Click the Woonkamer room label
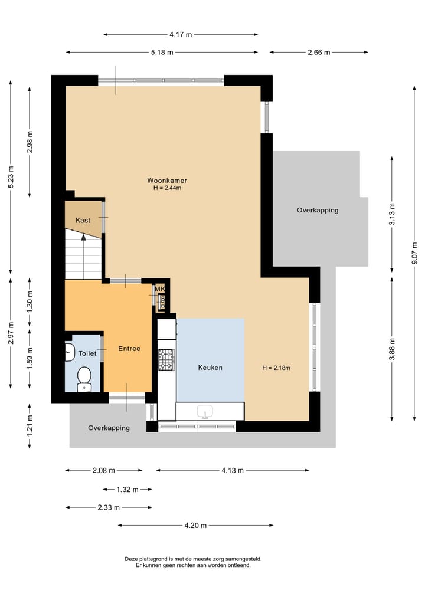point(167,180)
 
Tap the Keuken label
point(210,368)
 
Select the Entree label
point(129,349)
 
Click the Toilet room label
point(87,353)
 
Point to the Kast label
point(83,220)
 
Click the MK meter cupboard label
point(159,289)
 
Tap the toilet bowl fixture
point(84,379)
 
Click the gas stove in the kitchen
point(166,360)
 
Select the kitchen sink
point(205,412)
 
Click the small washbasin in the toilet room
point(69,352)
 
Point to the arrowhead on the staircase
point(83,237)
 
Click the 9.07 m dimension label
point(414,253)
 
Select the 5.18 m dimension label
point(162,53)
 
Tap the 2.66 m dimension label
point(319,53)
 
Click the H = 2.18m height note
point(276,368)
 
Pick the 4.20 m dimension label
point(195,526)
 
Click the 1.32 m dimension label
point(127,490)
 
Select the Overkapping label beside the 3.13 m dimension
point(318,210)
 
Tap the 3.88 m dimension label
point(392,349)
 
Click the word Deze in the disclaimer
point(131,559)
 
